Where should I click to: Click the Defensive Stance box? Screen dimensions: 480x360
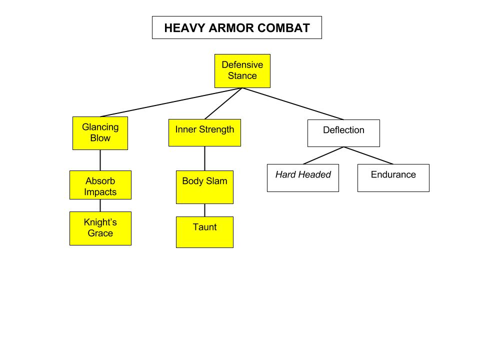pos(242,71)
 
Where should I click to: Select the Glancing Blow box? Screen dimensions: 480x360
pos(100,133)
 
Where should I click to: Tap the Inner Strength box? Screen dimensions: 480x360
pos(205,132)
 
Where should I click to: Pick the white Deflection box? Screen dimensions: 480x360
pos(344,133)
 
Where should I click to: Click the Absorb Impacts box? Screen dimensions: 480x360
pos(100,185)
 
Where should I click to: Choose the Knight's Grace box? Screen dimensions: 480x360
pos(100,228)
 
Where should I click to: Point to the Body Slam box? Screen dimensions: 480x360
pos(205,187)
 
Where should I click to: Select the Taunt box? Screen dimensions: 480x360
pos(205,232)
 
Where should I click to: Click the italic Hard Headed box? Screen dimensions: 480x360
pos(303,178)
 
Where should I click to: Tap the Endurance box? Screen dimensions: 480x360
pos(393,178)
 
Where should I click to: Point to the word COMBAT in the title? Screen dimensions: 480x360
pos(284,28)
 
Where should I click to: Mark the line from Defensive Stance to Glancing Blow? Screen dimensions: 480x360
pos(171,102)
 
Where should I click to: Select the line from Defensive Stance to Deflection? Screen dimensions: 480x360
pos(293,104)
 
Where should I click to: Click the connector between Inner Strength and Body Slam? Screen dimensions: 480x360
pos(205,158)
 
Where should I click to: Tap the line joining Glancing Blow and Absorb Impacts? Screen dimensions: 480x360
pos(100,160)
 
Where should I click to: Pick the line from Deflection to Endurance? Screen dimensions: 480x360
pos(368,155)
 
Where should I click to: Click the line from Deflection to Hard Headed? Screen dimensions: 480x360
pos(323,155)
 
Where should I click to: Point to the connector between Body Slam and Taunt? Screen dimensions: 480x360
pos(205,210)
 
